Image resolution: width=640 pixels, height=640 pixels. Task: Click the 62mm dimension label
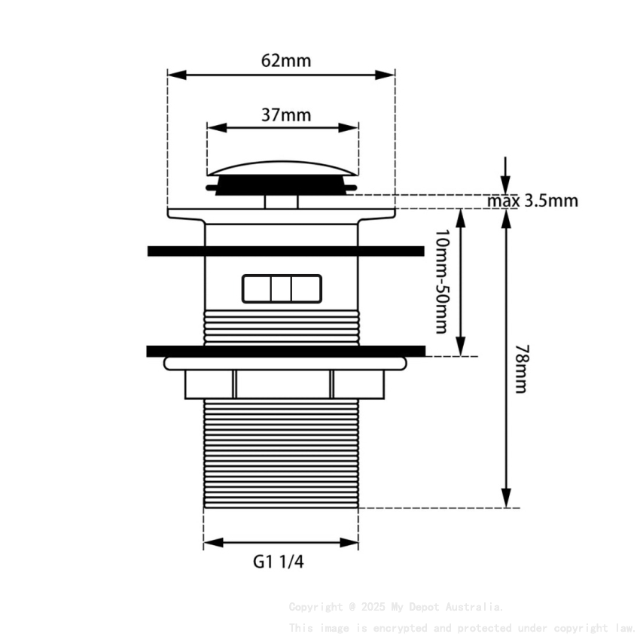pos(285,61)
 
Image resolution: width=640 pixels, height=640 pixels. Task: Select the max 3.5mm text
pos(532,201)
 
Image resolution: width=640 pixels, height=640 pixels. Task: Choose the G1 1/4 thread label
pos(279,561)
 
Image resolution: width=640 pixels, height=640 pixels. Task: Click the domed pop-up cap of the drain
pos(282,167)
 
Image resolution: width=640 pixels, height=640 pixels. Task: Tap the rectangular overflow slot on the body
pos(281,288)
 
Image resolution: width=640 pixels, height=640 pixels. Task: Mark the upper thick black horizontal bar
pos(286,251)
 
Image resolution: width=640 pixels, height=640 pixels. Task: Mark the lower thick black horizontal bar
pos(286,350)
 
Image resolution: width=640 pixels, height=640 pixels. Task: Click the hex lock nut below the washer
pos(284,384)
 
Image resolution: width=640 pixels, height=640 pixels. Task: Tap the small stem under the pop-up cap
pos(281,201)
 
